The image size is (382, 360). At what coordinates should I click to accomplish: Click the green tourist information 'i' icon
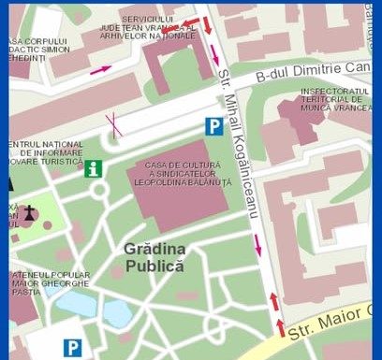pos(93,168)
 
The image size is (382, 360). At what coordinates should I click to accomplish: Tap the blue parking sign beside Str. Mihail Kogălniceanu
pos(215,125)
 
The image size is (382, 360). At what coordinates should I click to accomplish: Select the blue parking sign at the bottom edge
pos(72,348)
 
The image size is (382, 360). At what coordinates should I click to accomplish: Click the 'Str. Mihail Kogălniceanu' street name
pos(239,145)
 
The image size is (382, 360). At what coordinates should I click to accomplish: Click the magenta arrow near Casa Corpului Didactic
pos(100,69)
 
